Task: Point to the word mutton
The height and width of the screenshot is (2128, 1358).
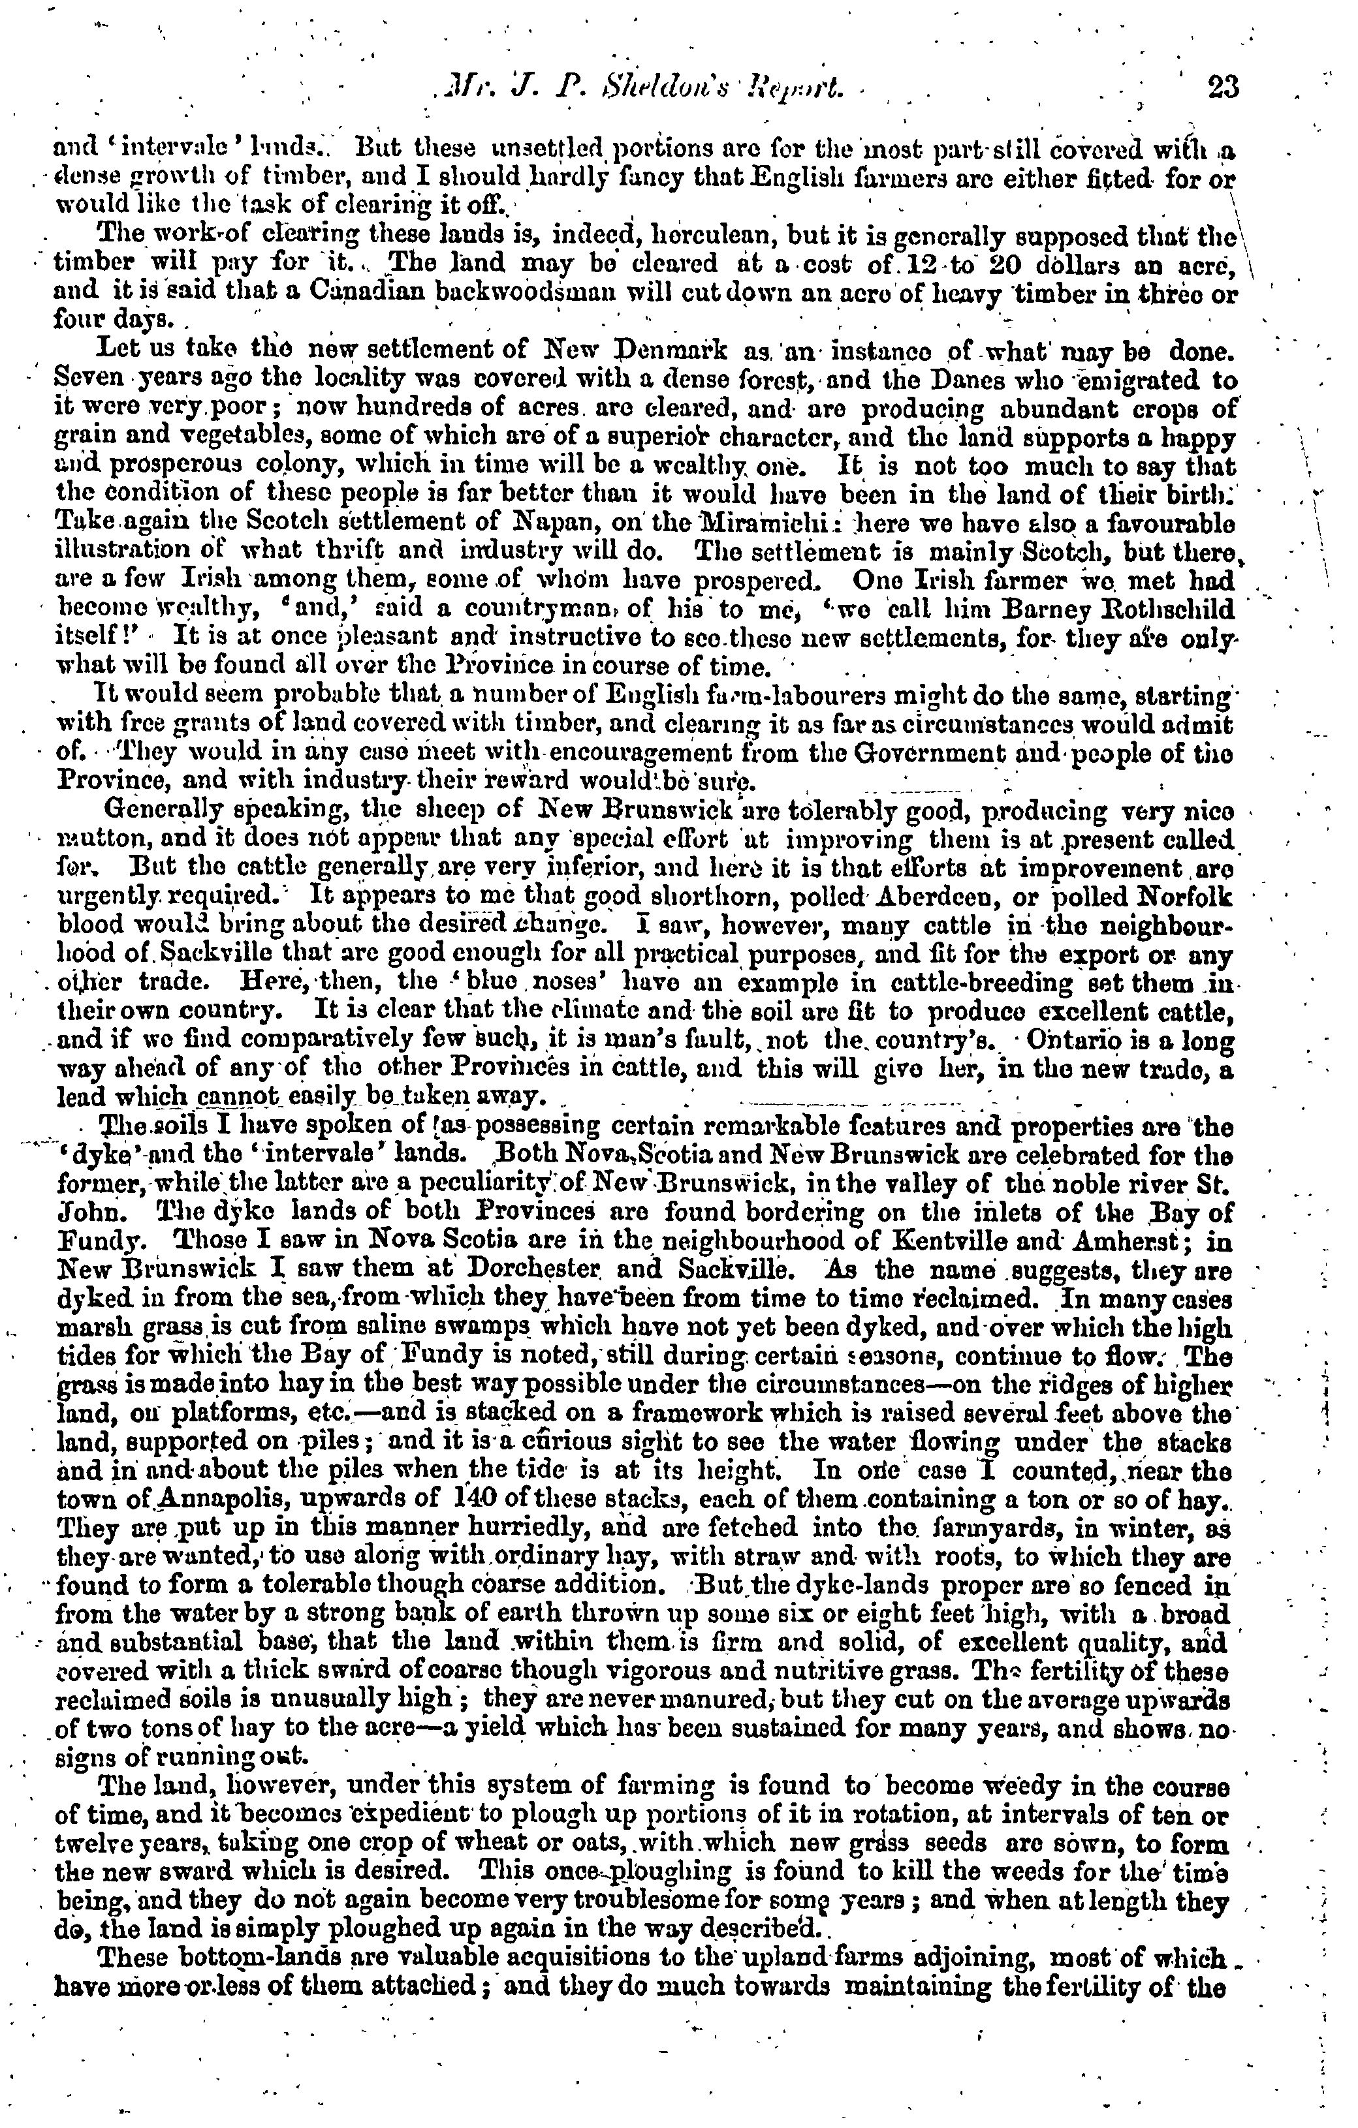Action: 87,840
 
